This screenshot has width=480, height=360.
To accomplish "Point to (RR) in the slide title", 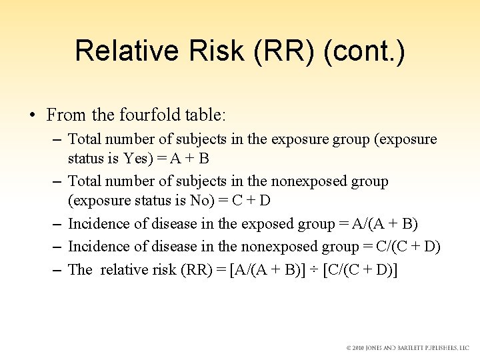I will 281,51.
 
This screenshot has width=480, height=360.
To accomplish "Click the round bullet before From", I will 32,115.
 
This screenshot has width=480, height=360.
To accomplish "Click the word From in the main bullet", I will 66,115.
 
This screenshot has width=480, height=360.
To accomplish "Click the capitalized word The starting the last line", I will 80,269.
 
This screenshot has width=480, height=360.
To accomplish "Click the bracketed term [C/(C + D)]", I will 359,269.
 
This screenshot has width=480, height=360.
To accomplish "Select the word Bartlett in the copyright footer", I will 411,348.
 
